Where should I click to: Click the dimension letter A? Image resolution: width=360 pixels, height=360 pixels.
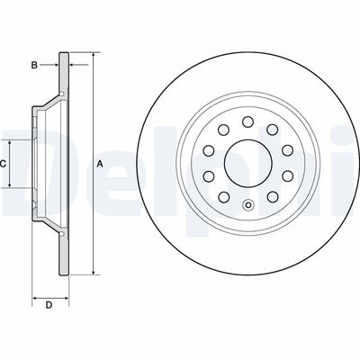[100, 163]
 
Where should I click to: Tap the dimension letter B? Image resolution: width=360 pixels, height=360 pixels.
[33, 66]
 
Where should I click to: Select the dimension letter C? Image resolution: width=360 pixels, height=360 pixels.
[4, 164]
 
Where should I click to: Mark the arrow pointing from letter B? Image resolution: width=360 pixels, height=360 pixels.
[55, 66]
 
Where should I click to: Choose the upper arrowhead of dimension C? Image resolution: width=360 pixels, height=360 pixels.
[12, 143]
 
